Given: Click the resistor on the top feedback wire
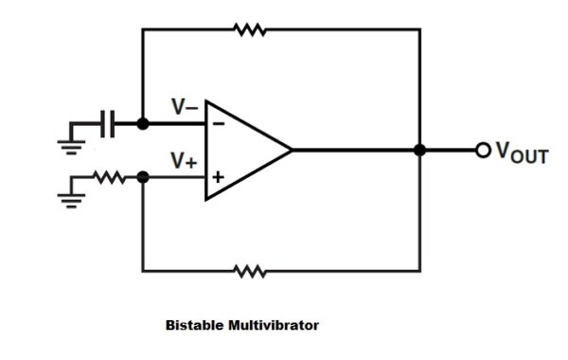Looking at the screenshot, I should click(250, 29).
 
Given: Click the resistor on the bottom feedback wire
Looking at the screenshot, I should click(250, 271).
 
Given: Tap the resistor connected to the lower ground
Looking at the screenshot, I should click(111, 176).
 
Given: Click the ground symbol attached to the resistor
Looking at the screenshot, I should click(69, 197).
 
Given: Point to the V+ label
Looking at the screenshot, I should click(184, 162).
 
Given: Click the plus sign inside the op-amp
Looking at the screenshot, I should click(219, 176).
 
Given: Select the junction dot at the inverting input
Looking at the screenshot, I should click(142, 123).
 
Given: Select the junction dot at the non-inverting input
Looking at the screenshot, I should click(142, 176).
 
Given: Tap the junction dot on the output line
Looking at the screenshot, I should click(419, 150).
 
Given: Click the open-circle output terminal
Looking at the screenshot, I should click(483, 150).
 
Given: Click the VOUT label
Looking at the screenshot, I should click(521, 152).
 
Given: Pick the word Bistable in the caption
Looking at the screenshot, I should click(194, 325).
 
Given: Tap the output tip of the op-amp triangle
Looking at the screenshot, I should click(291, 150).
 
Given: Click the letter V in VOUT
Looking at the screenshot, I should click(502, 150).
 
